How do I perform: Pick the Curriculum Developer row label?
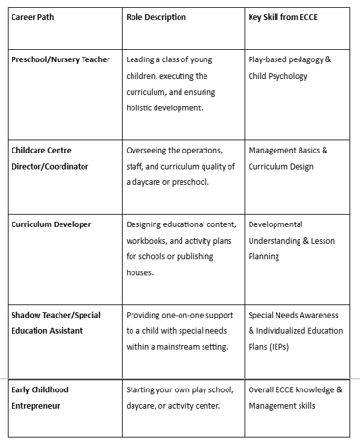[53, 224]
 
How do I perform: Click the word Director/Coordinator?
[57, 167]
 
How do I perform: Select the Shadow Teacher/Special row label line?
[60, 315]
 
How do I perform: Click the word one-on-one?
[194, 315]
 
